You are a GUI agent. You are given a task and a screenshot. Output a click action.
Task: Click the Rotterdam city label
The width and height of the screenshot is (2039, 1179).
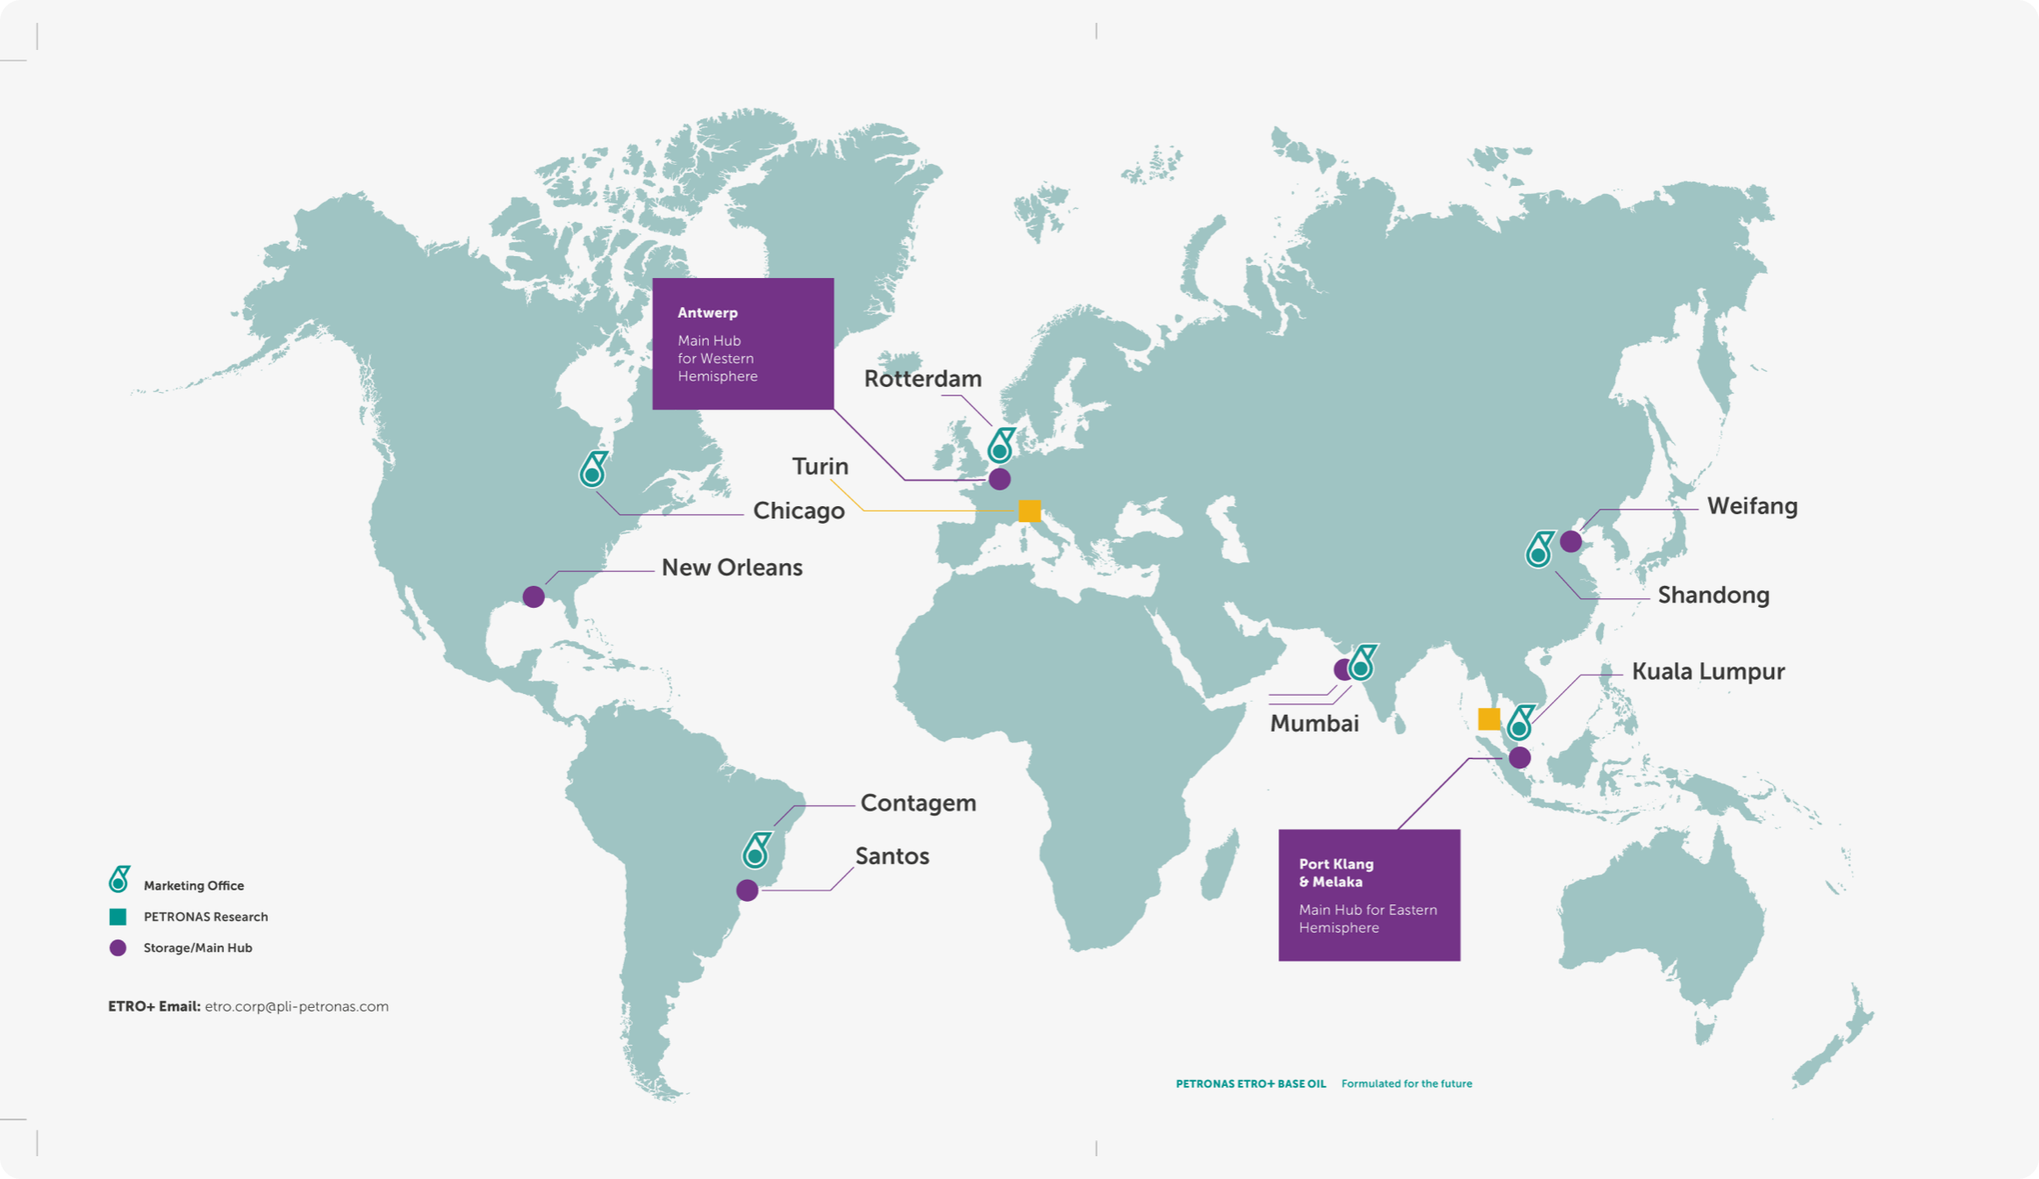pyautogui.click(x=922, y=379)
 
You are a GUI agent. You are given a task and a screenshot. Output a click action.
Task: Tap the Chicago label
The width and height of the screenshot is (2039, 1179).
pyautogui.click(x=798, y=511)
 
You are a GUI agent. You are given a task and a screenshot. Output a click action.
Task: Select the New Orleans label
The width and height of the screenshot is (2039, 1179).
pyautogui.click(x=732, y=568)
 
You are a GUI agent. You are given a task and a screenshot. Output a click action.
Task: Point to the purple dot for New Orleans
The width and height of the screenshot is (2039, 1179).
pyautogui.click(x=533, y=597)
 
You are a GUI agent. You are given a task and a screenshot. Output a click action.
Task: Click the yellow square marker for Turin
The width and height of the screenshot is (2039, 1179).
pyautogui.click(x=1029, y=511)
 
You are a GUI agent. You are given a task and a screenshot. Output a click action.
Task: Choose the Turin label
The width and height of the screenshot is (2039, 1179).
pyautogui.click(x=819, y=467)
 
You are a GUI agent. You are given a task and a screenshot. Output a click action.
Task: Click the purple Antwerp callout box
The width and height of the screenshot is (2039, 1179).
pyautogui.click(x=742, y=344)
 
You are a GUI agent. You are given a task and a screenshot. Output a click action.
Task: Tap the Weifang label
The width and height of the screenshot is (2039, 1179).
pyautogui.click(x=1751, y=506)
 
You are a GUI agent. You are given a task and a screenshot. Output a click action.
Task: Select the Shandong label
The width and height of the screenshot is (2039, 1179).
pyautogui.click(x=1713, y=596)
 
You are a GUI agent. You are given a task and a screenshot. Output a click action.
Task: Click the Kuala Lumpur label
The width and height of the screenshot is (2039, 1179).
pyautogui.click(x=1707, y=672)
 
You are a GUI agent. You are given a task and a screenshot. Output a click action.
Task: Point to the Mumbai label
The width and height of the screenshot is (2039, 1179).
pyautogui.click(x=1314, y=724)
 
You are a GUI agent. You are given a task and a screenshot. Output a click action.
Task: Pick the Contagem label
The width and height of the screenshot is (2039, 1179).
pyautogui.click(x=918, y=804)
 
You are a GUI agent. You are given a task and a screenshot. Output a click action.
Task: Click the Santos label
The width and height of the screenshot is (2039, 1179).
pyautogui.click(x=891, y=856)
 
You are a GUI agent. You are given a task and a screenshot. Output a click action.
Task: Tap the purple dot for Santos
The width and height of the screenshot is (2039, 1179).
pyautogui.click(x=748, y=890)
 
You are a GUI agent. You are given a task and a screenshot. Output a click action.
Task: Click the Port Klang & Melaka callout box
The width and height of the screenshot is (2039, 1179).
pyautogui.click(x=1369, y=895)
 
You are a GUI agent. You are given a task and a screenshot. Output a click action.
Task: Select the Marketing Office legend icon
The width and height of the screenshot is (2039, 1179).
pyautogui.click(x=118, y=879)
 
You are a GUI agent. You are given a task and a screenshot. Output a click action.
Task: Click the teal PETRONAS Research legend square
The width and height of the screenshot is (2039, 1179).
pyautogui.click(x=118, y=917)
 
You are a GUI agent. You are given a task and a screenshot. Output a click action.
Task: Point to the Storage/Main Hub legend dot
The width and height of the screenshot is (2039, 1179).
pyautogui.click(x=118, y=948)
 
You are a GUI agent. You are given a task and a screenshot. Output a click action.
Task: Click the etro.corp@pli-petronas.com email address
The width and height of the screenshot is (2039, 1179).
pyautogui.click(x=297, y=1007)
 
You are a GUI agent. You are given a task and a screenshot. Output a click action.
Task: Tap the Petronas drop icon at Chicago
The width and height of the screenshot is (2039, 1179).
pyautogui.click(x=593, y=470)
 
